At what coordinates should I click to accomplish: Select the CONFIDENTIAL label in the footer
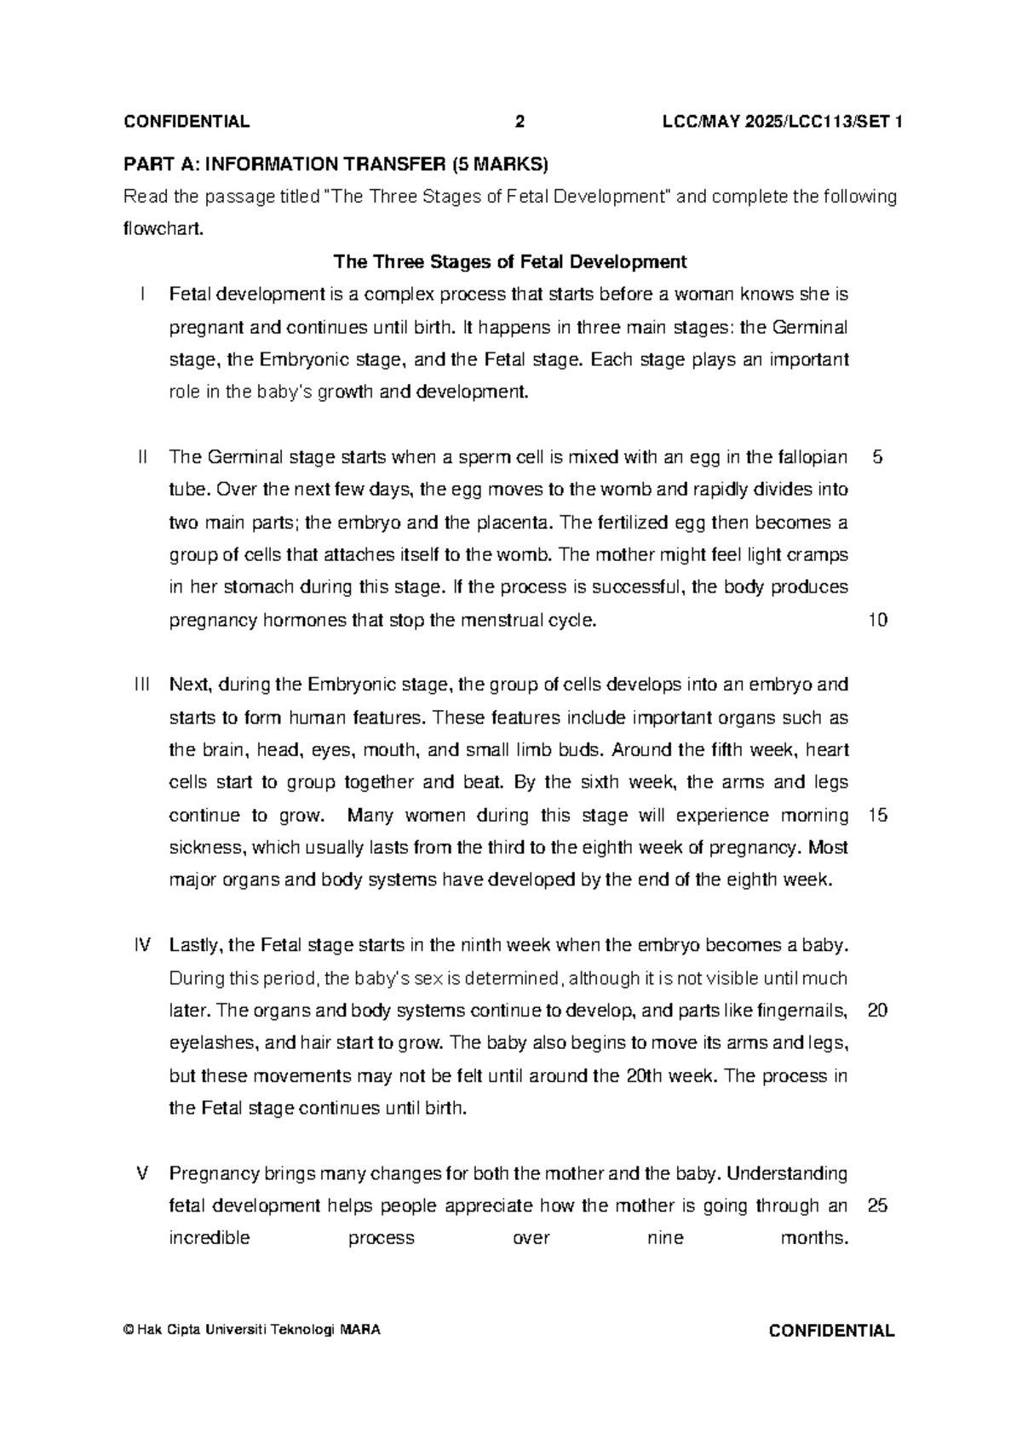pos(830,1332)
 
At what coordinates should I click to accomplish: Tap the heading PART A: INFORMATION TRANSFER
pos(336,163)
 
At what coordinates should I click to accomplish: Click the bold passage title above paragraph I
pos(509,261)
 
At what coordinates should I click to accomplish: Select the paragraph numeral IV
pos(142,945)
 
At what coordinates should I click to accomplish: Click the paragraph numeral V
pos(142,1173)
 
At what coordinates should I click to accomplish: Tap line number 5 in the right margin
pos(877,457)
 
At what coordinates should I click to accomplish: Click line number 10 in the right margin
pos(877,621)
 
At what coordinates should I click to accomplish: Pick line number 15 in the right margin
pos(877,816)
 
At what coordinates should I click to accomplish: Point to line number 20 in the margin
pos(877,1011)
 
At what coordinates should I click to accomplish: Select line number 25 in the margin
pos(877,1206)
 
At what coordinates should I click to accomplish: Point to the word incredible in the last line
pos(210,1239)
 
